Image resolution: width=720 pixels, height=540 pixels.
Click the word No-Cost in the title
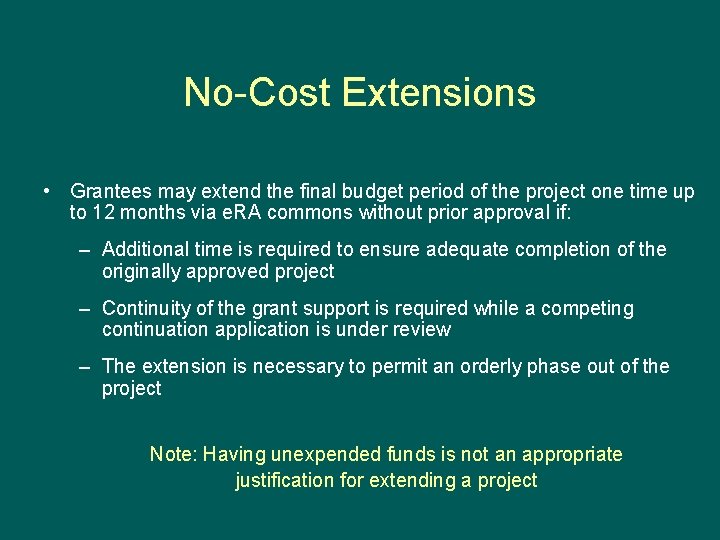point(258,92)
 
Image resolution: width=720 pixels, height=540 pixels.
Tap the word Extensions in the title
point(438,92)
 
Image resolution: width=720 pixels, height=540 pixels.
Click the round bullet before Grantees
point(47,190)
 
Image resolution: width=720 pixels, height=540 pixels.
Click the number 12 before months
point(103,212)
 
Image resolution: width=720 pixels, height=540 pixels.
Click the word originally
point(144,271)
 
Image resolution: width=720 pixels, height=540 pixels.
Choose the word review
point(425,329)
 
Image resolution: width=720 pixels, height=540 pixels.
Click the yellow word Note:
point(173,454)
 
